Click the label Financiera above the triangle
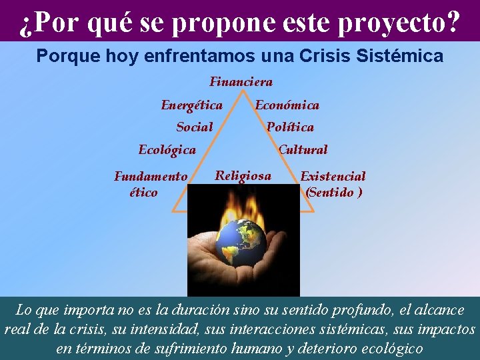tap(241, 82)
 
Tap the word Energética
tap(191, 105)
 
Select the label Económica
tap(287, 105)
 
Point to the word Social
tap(194, 127)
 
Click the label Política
tap(290, 127)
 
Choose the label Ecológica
tap(167, 149)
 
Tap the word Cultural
tap(303, 149)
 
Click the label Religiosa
tap(243, 175)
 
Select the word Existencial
tap(333, 177)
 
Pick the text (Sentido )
tap(333, 192)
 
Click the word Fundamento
tap(151, 177)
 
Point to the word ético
tap(143, 192)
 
